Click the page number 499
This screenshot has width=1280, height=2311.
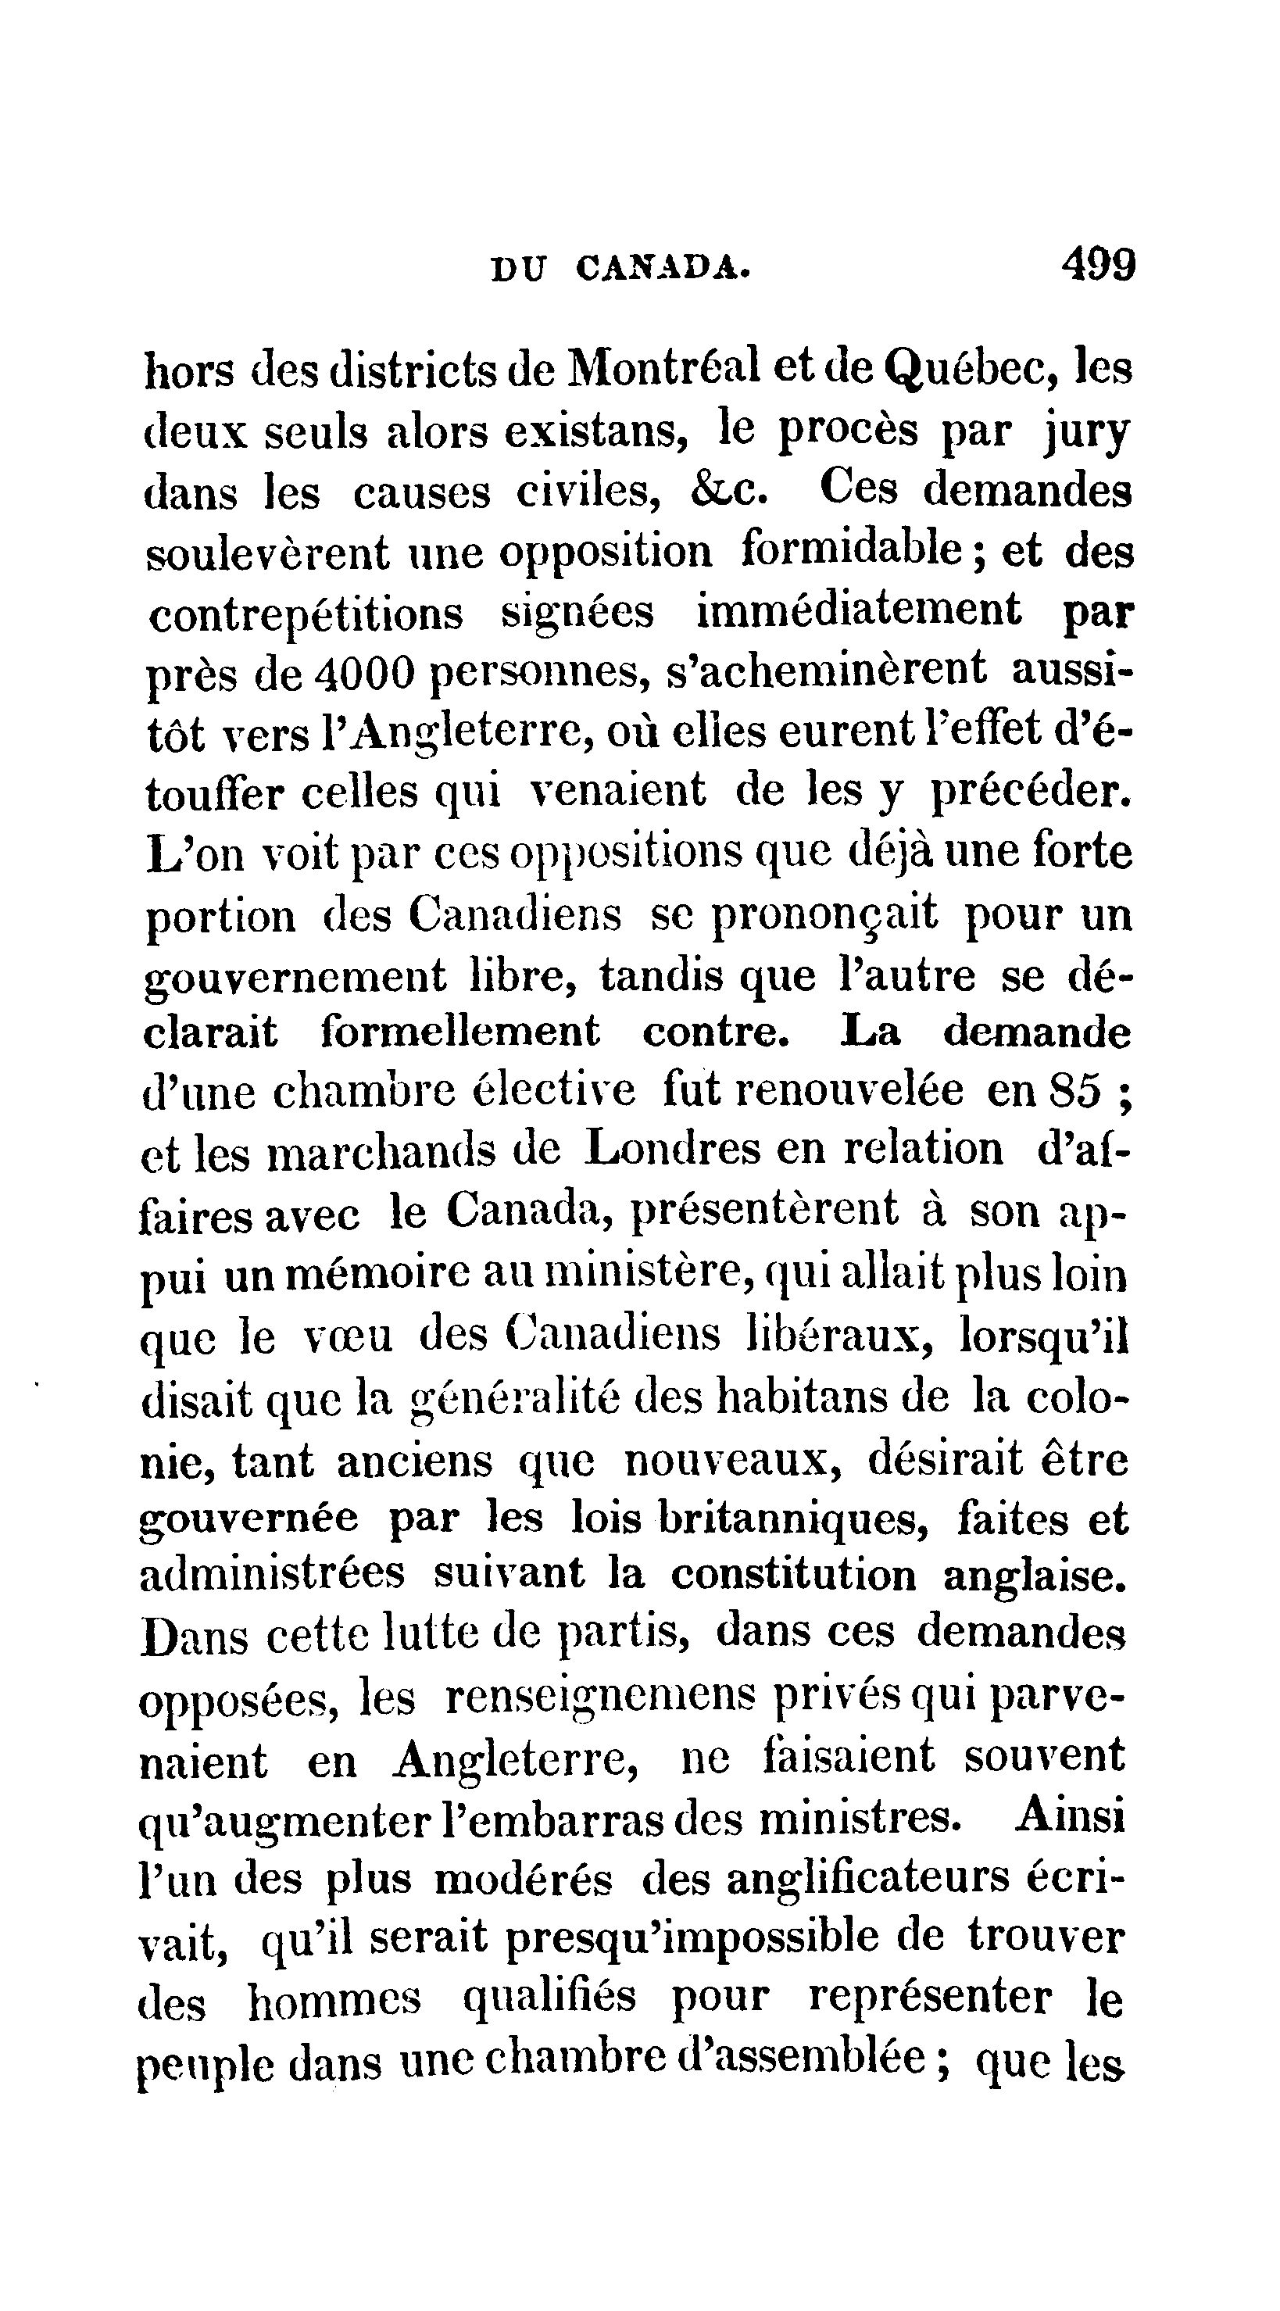[1099, 265]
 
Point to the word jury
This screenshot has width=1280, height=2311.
[1087, 433]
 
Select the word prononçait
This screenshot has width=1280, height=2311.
[824, 916]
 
